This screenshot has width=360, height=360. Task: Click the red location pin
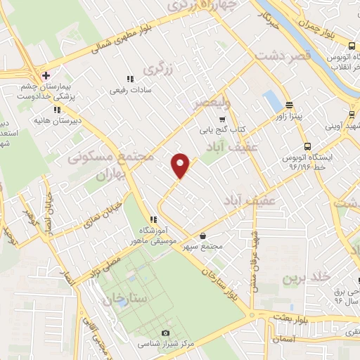tap(181, 165)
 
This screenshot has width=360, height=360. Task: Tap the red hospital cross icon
tap(46, 75)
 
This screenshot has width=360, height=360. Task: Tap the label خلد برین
tap(306, 277)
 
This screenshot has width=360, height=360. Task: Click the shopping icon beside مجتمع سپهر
tap(203, 236)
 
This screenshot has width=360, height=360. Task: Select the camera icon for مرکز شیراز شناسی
tap(165, 333)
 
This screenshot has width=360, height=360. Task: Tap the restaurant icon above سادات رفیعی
tap(129, 79)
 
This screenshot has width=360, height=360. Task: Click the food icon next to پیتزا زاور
tap(288, 112)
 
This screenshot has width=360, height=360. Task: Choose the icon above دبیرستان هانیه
tap(57, 110)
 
